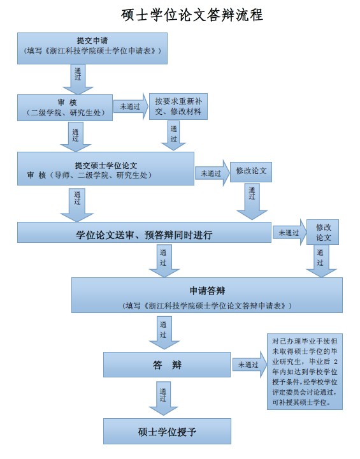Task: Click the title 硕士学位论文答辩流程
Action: click(x=192, y=15)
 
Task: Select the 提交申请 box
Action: click(x=92, y=48)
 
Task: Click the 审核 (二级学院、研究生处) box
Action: click(x=65, y=108)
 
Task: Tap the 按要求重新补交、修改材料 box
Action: click(x=178, y=106)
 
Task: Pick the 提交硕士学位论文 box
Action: click(x=106, y=168)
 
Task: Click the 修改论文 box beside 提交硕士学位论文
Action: click(x=251, y=172)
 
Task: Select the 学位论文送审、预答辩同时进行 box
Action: click(x=144, y=233)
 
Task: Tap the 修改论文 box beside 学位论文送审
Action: click(x=322, y=232)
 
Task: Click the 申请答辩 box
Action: click(x=207, y=295)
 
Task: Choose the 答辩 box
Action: click(x=167, y=365)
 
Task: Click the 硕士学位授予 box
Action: click(x=167, y=431)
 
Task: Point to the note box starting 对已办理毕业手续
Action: click(x=305, y=372)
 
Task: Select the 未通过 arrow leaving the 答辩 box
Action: click(x=249, y=365)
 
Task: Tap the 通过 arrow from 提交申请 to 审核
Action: click(x=78, y=79)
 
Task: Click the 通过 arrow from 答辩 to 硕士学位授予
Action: click(x=163, y=398)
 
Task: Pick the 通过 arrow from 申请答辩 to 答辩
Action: click(x=164, y=333)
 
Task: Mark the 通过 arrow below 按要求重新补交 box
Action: click(x=173, y=135)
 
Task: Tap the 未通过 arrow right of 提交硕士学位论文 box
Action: click(x=212, y=173)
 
